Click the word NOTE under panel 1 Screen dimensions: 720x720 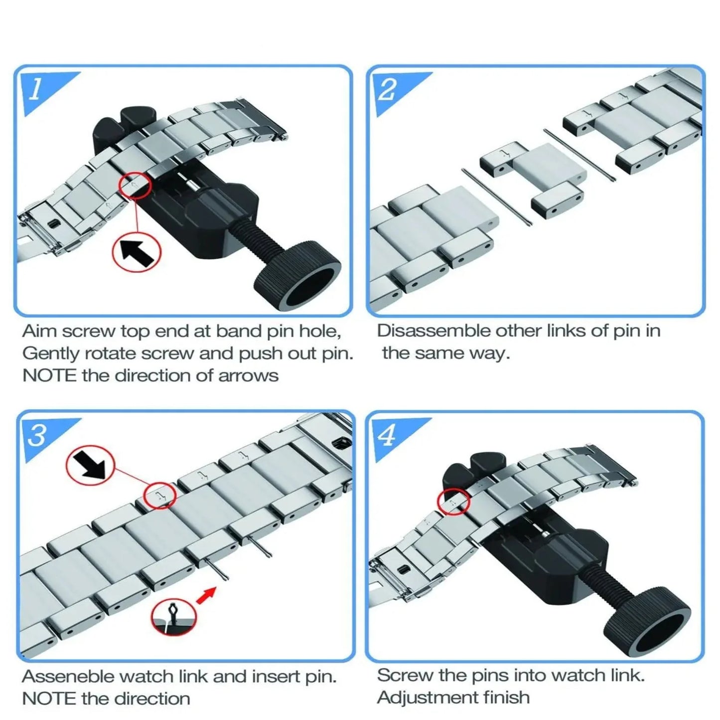point(49,376)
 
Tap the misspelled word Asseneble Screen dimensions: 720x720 point(69,676)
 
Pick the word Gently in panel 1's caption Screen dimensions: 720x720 point(51,354)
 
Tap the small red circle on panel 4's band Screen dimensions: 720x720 point(453,502)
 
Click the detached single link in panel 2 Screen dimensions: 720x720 point(533,179)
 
